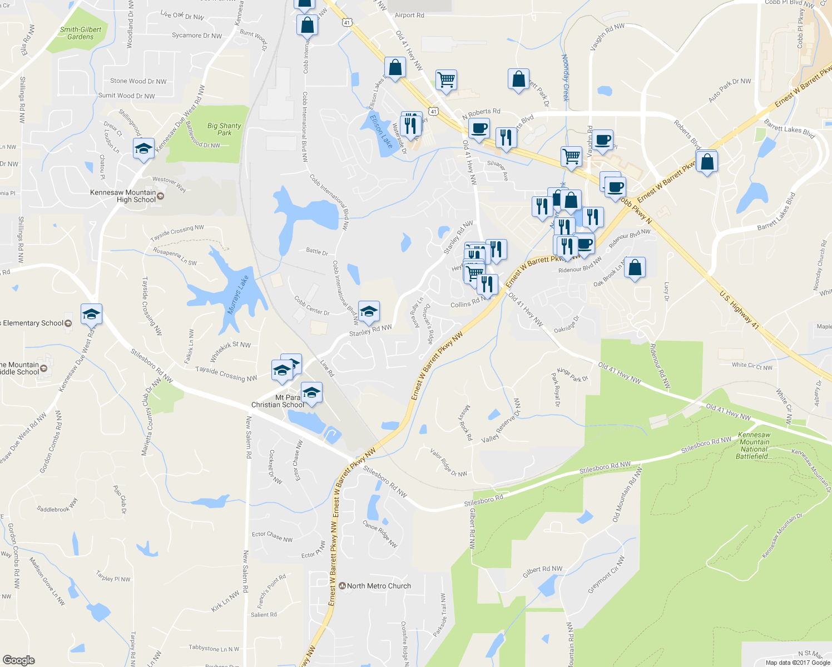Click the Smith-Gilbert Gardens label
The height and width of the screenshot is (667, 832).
coord(81,33)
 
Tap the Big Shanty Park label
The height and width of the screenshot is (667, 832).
coord(224,129)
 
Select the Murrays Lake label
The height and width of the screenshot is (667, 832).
coord(238,295)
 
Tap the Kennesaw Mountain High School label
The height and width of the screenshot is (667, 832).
coord(123,196)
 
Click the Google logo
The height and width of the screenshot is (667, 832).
coord(18,660)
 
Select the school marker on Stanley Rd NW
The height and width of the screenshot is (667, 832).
coord(369,312)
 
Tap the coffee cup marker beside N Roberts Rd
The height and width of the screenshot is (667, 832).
coord(479,129)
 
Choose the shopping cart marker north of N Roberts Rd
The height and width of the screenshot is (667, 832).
coord(446,80)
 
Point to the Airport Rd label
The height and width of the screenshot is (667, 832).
coord(409,16)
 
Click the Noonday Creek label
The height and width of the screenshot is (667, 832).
coord(565,77)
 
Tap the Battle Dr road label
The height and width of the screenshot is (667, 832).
coord(317,251)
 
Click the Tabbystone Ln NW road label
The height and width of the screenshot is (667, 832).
coord(214,648)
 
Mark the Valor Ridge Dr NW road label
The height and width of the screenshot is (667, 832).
coord(448,462)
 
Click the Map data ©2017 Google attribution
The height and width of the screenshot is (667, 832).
coord(798,662)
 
